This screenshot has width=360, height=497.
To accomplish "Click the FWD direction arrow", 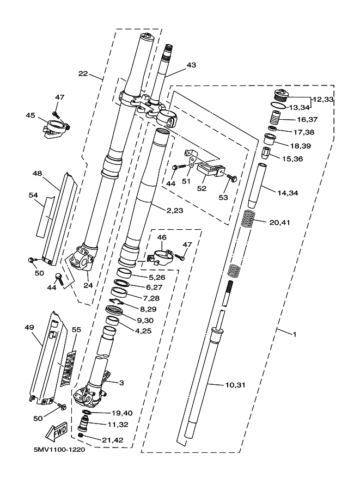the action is click(57, 431).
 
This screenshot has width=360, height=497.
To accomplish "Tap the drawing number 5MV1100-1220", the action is click(59, 450).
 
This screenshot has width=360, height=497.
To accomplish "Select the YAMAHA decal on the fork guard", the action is click(68, 369).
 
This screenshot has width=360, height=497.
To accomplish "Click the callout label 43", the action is click(191, 65).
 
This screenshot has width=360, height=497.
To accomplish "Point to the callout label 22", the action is click(83, 73).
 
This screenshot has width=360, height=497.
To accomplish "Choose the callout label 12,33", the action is click(323, 99).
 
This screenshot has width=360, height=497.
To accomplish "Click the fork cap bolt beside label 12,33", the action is click(280, 96).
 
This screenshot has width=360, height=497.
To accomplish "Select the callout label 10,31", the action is click(235, 385).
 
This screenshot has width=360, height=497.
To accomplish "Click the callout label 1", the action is click(294, 334).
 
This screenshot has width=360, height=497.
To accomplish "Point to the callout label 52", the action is click(202, 188).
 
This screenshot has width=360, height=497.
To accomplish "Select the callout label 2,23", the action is click(175, 211).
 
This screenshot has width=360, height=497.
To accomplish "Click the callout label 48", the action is click(37, 174).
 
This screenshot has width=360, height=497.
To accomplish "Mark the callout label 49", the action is click(29, 327).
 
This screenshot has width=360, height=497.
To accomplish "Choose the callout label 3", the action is click(121, 383).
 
